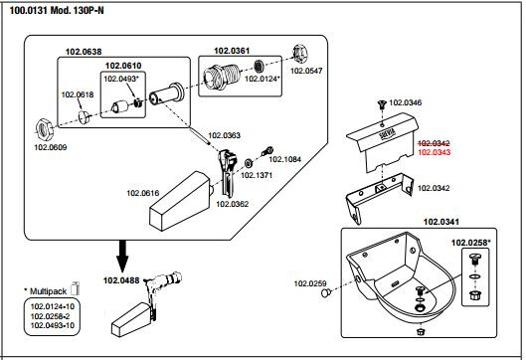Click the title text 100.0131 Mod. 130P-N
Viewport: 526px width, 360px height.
57,11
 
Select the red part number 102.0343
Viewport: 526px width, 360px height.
434,152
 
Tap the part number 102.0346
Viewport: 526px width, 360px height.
406,102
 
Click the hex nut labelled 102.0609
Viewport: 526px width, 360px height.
45,129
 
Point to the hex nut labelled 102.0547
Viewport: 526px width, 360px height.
298,54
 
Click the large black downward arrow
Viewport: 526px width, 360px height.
122,256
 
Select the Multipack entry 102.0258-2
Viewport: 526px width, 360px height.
53,316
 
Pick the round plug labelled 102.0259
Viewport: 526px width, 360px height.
325,293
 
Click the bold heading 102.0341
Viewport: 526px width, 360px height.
441,222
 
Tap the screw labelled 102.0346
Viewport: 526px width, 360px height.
382,104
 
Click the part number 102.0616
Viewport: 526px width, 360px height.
142,193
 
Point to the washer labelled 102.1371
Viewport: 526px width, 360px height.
249,163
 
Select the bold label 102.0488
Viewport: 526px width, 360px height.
121,280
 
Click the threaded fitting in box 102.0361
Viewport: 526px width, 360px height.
222,77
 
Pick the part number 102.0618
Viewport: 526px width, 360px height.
78,94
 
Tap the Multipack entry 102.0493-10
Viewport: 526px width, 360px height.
53,325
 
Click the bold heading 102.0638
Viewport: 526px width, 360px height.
84,52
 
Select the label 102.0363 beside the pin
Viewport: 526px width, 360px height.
224,135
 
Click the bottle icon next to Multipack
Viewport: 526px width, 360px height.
76,288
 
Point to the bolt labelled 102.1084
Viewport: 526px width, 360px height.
268,151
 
